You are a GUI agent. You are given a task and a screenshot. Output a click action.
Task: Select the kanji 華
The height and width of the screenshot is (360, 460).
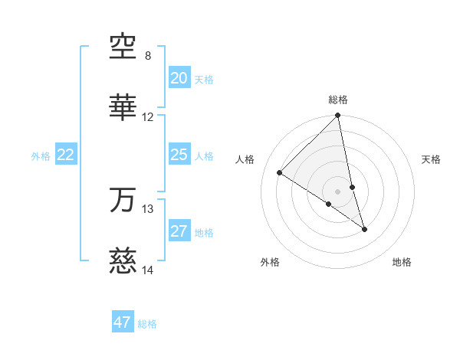pyautogui.click(x=123, y=110)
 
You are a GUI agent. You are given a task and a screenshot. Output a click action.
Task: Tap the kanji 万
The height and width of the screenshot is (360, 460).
pyautogui.click(x=123, y=200)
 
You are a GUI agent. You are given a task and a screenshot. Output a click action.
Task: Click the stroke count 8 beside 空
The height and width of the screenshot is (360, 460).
pyautogui.click(x=148, y=56)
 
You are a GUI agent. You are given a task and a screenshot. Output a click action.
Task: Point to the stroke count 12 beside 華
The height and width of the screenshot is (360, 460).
pyautogui.click(x=148, y=117)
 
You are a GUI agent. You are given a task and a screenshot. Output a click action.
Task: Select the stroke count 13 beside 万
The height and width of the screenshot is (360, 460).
pyautogui.click(x=148, y=208)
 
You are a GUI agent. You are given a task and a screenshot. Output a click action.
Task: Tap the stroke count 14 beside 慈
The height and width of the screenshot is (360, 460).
pyautogui.click(x=148, y=270)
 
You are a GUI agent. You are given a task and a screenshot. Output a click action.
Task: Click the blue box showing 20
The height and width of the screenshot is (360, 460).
pyautogui.click(x=179, y=78)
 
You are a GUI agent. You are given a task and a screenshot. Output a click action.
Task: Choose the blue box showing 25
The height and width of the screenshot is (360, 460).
pyautogui.click(x=179, y=155)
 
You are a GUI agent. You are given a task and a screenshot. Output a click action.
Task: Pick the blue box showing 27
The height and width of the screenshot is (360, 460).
pyautogui.click(x=179, y=231)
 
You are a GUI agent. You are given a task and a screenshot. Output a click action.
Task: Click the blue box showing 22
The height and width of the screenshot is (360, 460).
pyautogui.click(x=66, y=155)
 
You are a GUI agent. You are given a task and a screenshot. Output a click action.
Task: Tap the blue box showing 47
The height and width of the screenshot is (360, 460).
pyautogui.click(x=123, y=322)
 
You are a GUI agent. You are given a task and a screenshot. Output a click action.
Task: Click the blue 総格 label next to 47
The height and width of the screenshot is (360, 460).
pyautogui.click(x=147, y=324)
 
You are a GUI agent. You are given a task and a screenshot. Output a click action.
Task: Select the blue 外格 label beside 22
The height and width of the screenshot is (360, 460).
pyautogui.click(x=41, y=156)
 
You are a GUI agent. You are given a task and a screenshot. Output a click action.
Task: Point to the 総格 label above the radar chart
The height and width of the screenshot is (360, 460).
pyautogui.click(x=338, y=100)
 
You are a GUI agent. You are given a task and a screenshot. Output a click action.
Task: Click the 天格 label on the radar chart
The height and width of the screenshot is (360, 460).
pyautogui.click(x=432, y=159)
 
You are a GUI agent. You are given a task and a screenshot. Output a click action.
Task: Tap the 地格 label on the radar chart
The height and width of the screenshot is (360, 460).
pyautogui.click(x=402, y=263)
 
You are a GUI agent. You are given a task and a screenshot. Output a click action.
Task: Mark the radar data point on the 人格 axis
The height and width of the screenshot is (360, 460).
pyautogui.click(x=280, y=172)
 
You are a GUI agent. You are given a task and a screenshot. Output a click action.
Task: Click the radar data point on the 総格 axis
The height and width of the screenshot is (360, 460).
pyautogui.click(x=338, y=116)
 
